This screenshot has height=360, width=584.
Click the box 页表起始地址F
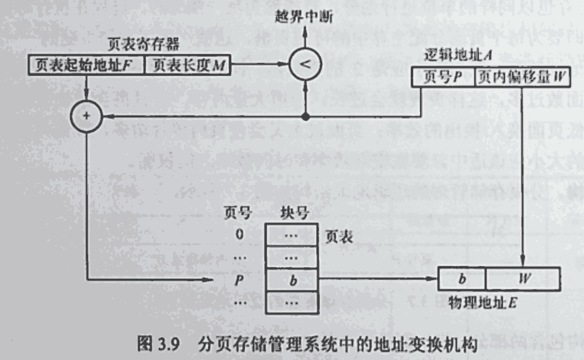(85, 65)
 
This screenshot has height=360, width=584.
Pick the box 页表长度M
(187, 65)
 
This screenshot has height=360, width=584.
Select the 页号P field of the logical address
(443, 77)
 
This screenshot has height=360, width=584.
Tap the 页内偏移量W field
(522, 77)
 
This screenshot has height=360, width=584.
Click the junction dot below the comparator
(305, 117)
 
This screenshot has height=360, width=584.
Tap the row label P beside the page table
(239, 280)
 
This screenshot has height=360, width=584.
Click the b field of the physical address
(462, 278)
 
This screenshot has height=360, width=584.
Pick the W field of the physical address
(523, 278)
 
